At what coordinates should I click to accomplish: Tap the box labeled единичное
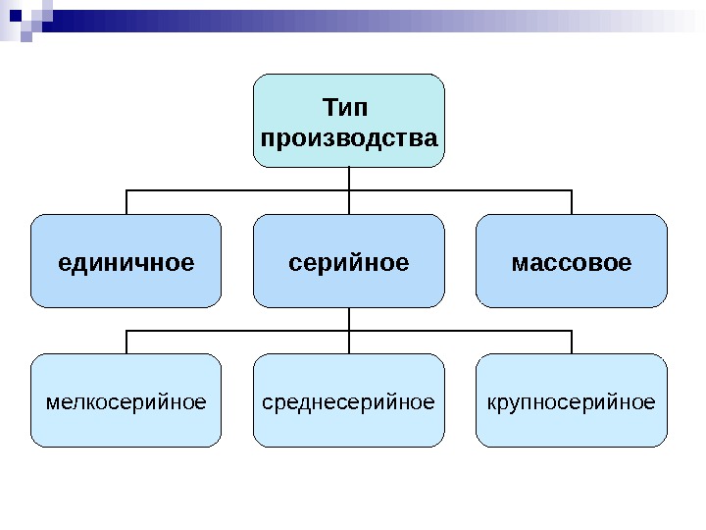[x=126, y=285]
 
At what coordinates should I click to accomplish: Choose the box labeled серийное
[x=349, y=285]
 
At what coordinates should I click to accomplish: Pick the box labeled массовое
[x=572, y=285]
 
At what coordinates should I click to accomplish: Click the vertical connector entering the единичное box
[x=126, y=202]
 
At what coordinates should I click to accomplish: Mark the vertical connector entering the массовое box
[x=572, y=202]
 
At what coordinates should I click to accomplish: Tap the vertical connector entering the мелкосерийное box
[x=126, y=342]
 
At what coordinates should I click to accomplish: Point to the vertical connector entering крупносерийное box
[x=572, y=342]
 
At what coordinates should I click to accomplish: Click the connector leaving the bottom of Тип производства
[x=349, y=178]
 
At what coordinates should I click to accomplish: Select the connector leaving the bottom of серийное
[x=349, y=318]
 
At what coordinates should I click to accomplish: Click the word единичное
[x=126, y=263]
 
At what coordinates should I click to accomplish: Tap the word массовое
[x=572, y=263]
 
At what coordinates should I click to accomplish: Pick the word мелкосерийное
[x=126, y=401]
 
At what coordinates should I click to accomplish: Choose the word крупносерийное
[x=572, y=401]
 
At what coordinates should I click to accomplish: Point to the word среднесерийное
[x=349, y=401]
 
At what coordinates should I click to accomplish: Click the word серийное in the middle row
[x=349, y=263]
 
